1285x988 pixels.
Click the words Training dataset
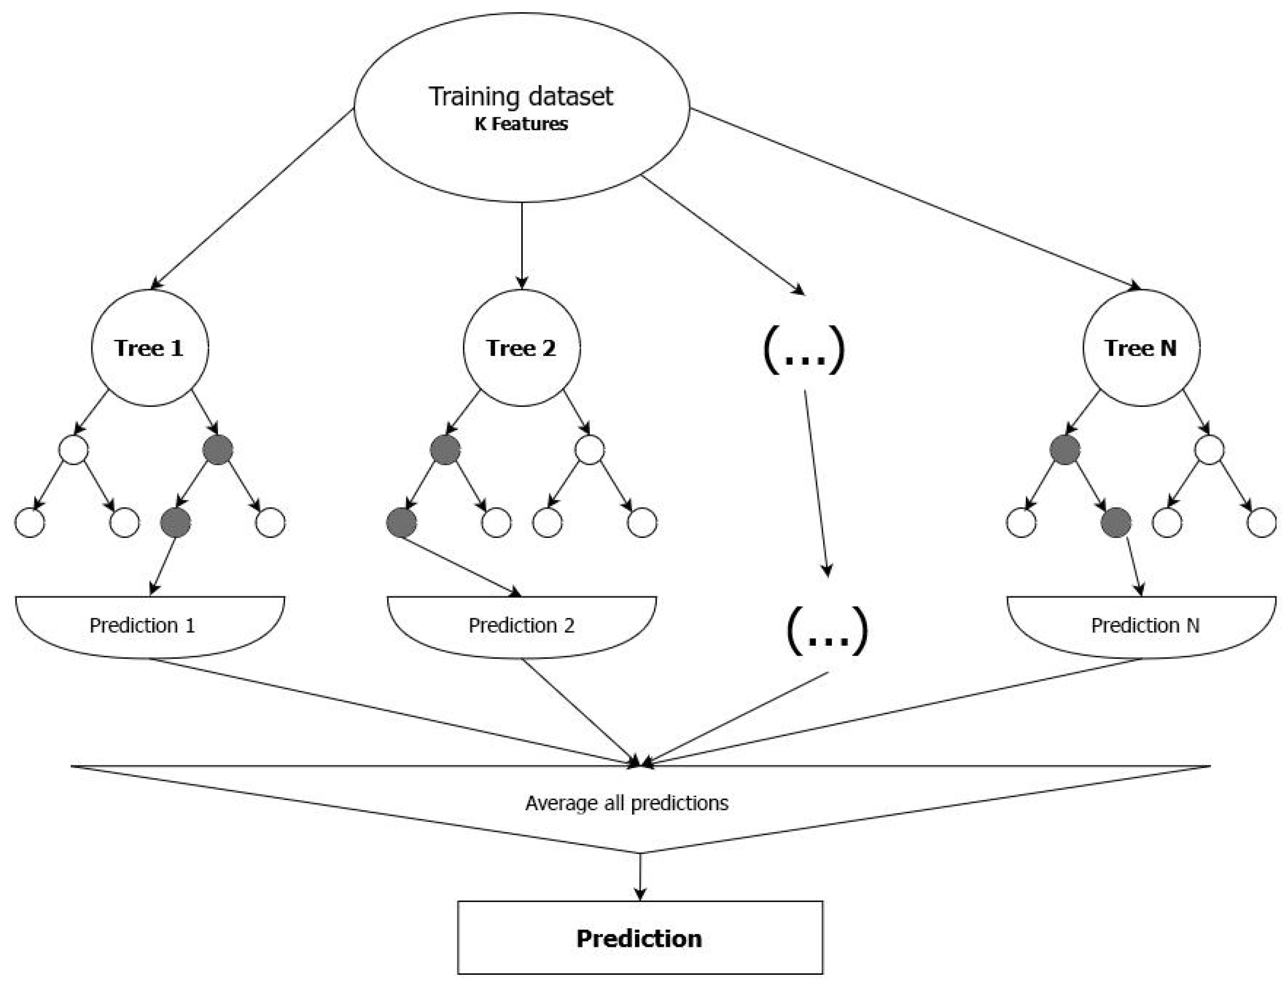coord(520,97)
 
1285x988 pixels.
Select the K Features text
coord(520,124)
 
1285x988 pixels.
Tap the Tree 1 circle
coord(149,347)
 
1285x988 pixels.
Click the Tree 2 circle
coord(521,347)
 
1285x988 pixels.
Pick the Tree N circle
coord(1140,347)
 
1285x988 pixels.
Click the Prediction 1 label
coord(142,625)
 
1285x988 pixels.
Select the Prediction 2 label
coord(521,625)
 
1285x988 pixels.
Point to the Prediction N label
coord(1144,625)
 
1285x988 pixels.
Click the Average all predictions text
coord(626,803)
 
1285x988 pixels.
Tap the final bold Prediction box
coord(639,938)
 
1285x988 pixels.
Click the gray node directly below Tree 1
coord(217,450)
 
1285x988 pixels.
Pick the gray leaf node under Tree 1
coord(175,522)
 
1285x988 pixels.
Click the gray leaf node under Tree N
coord(1116,522)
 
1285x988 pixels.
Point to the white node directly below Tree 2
coord(589,450)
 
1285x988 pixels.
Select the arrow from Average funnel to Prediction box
coord(640,876)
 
